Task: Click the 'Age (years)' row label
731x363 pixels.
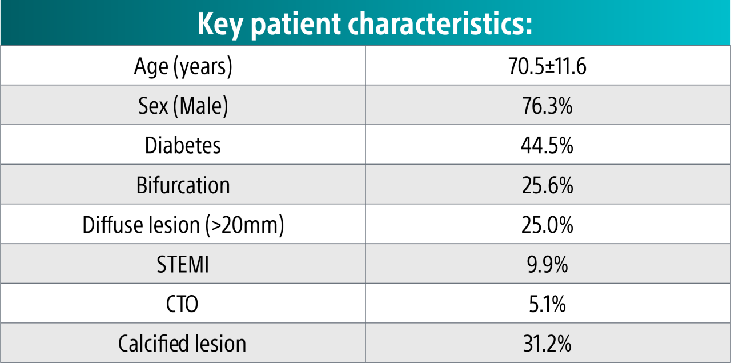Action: [183, 66]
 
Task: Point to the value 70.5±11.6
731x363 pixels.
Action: [547, 66]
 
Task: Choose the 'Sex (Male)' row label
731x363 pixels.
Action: [183, 106]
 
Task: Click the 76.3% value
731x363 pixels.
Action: [547, 106]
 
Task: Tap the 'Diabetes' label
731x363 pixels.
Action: [183, 145]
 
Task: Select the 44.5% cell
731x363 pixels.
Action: [547, 145]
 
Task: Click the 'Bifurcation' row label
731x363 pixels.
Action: [183, 185]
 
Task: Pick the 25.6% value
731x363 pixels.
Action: [547, 185]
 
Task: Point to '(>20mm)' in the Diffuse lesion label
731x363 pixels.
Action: [244, 225]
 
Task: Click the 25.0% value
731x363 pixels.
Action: [547, 225]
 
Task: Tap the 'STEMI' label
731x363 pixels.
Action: [183, 265]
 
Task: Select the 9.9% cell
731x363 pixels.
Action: [547, 265]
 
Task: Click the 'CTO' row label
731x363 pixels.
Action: [183, 304]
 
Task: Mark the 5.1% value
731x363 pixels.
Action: [547, 304]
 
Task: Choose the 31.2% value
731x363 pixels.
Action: [547, 344]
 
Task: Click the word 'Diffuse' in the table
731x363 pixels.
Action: [111, 225]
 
